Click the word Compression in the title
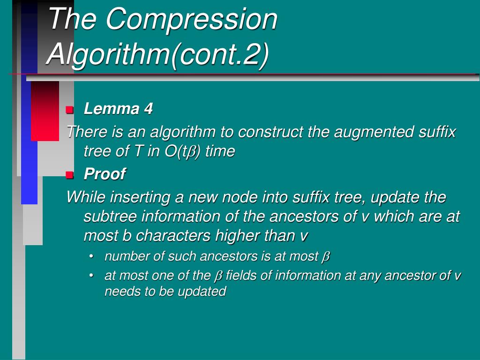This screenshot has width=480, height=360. click(x=191, y=20)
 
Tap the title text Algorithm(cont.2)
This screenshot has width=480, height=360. click(x=158, y=53)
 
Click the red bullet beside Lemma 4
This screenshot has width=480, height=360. click(x=70, y=110)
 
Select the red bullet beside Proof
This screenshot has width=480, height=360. click(x=70, y=175)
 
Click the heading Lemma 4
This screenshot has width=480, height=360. click(x=118, y=109)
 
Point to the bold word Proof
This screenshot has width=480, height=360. click(x=105, y=174)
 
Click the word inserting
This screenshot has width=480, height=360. click(x=140, y=197)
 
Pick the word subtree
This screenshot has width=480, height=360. click(x=105, y=217)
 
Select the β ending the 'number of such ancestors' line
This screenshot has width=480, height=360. click(x=326, y=257)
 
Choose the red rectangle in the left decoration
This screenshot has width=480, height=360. click(x=45, y=111)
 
